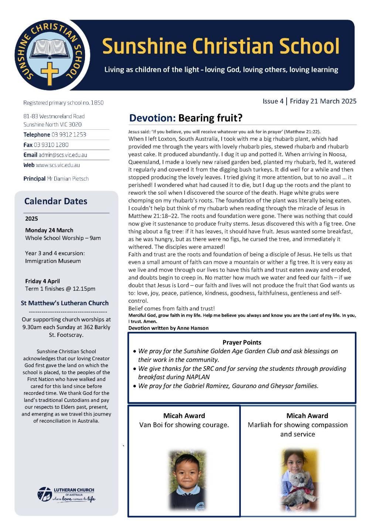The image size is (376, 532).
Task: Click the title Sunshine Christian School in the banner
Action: [221, 46]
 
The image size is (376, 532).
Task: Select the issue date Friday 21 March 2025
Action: [323, 101]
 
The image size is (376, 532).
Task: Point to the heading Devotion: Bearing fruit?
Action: [185, 118]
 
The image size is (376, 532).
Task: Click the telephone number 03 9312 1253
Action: [69, 135]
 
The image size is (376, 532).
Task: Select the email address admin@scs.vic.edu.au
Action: [63, 155]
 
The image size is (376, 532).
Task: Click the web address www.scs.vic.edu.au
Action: [58, 165]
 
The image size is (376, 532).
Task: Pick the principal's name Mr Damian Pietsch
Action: [68, 179]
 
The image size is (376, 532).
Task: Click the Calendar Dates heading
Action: [56, 201]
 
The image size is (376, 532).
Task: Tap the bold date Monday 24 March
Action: [49, 230]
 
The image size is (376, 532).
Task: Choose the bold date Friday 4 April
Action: [42, 281]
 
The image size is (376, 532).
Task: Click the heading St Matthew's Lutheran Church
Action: [65, 303]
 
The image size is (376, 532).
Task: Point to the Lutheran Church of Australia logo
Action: [66, 494]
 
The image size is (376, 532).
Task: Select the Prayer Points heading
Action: [242, 342]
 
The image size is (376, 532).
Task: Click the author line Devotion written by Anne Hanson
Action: [168, 328]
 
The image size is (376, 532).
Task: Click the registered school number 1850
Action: [98, 103]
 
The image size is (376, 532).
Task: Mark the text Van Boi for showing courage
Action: [184, 425]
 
